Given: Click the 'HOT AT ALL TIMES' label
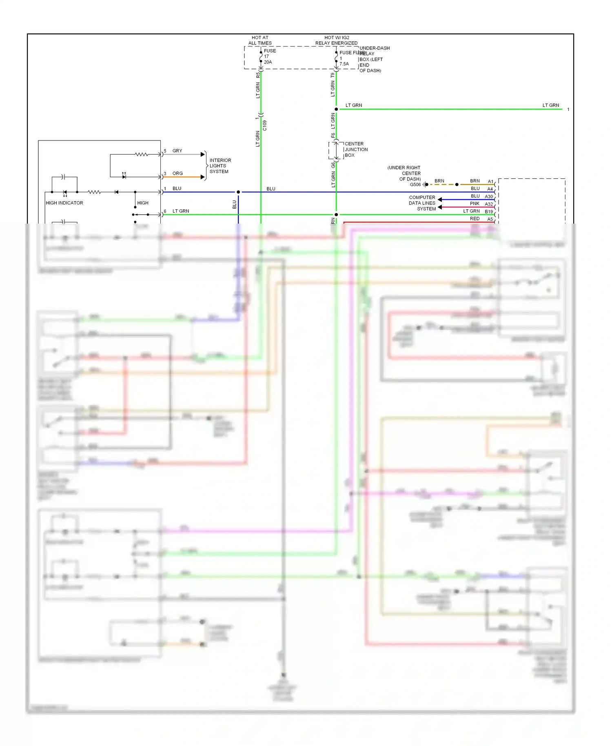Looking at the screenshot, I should pyautogui.click(x=260, y=40).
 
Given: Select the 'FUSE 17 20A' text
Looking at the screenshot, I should pyautogui.click(x=269, y=56).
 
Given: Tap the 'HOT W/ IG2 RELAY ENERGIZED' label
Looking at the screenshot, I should pyautogui.click(x=336, y=40).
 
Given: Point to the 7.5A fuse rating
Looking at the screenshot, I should pyautogui.click(x=344, y=64).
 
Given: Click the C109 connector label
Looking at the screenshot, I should pyautogui.click(x=265, y=125).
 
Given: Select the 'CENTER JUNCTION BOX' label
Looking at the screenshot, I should pyautogui.click(x=355, y=149).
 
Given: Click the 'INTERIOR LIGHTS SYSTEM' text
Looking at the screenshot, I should pyautogui.click(x=220, y=166).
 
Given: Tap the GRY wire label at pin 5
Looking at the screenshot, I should pyautogui.click(x=177, y=151).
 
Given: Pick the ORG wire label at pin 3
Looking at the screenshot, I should pyautogui.click(x=177, y=173).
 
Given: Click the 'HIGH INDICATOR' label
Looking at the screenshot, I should pyautogui.click(x=64, y=203).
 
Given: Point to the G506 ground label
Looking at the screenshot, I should pyautogui.click(x=415, y=184).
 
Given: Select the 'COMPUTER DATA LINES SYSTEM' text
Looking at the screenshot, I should pyautogui.click(x=422, y=203).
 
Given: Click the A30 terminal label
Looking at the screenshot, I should pyautogui.click(x=488, y=197).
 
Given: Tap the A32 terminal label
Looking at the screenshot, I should pyautogui.click(x=488, y=204).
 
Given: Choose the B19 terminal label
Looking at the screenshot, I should pyautogui.click(x=488, y=212).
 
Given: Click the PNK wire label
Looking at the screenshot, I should pyautogui.click(x=475, y=203).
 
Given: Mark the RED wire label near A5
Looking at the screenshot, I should pyautogui.click(x=475, y=219).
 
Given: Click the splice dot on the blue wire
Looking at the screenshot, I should pyautogui.click(x=238, y=192).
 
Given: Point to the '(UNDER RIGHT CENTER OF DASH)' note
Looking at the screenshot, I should pyautogui.click(x=404, y=173).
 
